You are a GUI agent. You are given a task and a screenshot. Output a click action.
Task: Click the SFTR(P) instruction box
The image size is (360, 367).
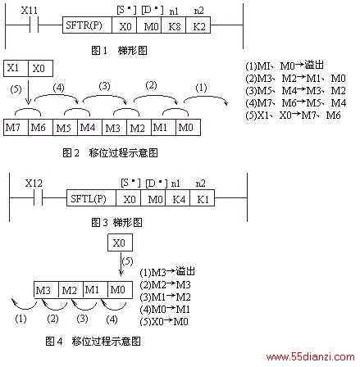(87, 25)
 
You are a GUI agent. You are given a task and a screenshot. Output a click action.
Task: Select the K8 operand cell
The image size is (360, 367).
(174, 25)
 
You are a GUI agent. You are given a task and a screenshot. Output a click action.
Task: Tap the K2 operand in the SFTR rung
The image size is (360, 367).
(198, 25)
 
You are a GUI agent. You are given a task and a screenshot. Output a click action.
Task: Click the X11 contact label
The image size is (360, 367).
(30, 11)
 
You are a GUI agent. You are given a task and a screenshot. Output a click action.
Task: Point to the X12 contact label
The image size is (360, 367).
(34, 183)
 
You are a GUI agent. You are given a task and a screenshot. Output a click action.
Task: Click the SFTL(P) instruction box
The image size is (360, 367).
(91, 198)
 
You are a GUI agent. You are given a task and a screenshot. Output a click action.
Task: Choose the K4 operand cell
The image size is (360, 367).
(178, 198)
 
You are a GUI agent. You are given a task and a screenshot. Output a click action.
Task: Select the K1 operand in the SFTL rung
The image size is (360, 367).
(203, 198)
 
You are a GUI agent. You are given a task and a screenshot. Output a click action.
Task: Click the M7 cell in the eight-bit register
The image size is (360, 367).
(16, 127)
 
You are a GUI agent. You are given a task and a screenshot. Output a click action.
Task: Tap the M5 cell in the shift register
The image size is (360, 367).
(65, 127)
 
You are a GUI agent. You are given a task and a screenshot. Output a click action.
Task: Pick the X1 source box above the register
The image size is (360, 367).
(16, 68)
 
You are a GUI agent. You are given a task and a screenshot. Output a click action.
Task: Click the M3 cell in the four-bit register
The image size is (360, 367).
(46, 289)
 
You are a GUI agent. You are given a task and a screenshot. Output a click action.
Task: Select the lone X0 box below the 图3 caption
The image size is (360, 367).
(120, 242)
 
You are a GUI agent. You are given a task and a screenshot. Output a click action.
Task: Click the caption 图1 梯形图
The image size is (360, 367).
(119, 50)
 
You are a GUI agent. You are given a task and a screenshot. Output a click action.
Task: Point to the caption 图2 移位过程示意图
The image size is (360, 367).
(110, 152)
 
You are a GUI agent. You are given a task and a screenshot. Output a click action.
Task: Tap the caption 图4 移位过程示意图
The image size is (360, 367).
(93, 341)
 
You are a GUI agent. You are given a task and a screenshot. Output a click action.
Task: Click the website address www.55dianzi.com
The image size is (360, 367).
(310, 357)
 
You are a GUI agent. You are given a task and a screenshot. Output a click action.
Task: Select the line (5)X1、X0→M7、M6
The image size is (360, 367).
(293, 116)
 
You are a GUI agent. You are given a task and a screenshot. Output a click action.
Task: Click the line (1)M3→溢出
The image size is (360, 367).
(167, 272)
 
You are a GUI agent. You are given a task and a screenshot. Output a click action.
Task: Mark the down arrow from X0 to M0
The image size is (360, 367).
(121, 264)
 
